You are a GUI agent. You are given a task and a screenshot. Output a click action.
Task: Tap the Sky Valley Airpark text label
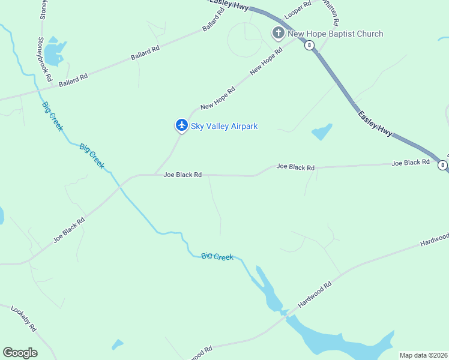click(224, 126)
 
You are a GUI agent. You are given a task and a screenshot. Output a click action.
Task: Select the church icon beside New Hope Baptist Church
click(278, 33)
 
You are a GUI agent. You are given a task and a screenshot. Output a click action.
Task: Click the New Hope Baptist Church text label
click(335, 34)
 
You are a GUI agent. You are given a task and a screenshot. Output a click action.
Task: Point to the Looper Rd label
click(298, 8)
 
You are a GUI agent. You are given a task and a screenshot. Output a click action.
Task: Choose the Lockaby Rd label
click(24, 319)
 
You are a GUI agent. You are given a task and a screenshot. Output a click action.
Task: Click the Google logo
click(20, 353)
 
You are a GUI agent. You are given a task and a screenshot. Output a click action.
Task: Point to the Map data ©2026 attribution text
click(423, 355)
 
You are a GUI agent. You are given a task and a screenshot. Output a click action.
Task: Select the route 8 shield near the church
click(309, 46)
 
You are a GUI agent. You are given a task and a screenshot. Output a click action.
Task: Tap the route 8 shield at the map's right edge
click(442, 165)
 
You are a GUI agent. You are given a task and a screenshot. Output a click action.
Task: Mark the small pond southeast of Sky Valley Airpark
click(322, 131)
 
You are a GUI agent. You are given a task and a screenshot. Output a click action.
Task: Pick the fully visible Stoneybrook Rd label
click(45, 59)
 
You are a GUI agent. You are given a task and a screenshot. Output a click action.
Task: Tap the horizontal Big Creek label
click(217, 256)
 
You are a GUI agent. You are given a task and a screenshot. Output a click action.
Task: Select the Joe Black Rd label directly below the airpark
click(182, 175)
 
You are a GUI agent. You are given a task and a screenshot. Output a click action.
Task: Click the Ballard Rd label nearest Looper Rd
click(213, 20)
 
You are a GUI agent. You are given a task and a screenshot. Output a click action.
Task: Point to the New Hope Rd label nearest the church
click(266, 62)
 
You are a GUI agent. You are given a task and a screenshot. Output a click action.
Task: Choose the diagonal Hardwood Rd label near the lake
click(315, 295)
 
